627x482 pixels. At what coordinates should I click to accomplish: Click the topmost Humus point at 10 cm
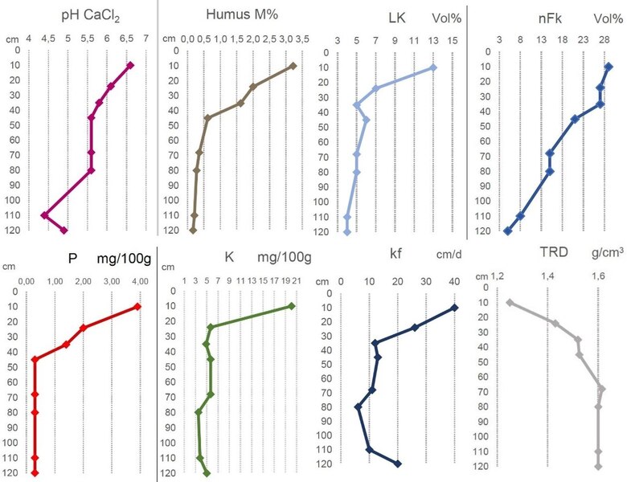click(x=293, y=66)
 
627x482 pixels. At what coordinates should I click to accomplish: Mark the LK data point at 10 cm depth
click(x=433, y=67)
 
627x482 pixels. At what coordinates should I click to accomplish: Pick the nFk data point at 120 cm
click(x=507, y=231)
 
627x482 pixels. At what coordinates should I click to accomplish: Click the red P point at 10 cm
click(x=137, y=306)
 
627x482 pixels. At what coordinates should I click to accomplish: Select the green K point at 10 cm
click(x=291, y=306)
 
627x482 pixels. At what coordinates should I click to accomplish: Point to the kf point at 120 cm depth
click(x=398, y=464)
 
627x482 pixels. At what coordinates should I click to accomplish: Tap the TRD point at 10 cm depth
click(x=510, y=303)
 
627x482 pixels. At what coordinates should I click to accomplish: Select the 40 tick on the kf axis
click(x=454, y=282)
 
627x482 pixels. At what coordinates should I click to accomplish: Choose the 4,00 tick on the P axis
click(x=140, y=281)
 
